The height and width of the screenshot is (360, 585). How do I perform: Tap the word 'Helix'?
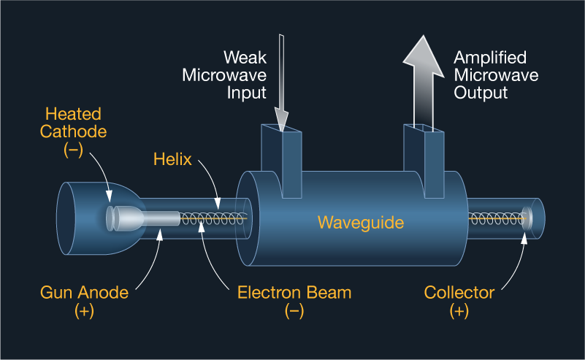tap(173, 159)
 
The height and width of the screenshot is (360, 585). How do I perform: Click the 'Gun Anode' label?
tap(84, 293)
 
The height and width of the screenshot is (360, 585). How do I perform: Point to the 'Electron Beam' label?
tap(294, 293)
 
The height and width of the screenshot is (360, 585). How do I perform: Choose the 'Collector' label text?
tap(459, 293)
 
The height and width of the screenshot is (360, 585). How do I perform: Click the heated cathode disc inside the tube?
tap(111, 218)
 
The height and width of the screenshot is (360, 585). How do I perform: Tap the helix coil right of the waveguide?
tap(497, 218)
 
